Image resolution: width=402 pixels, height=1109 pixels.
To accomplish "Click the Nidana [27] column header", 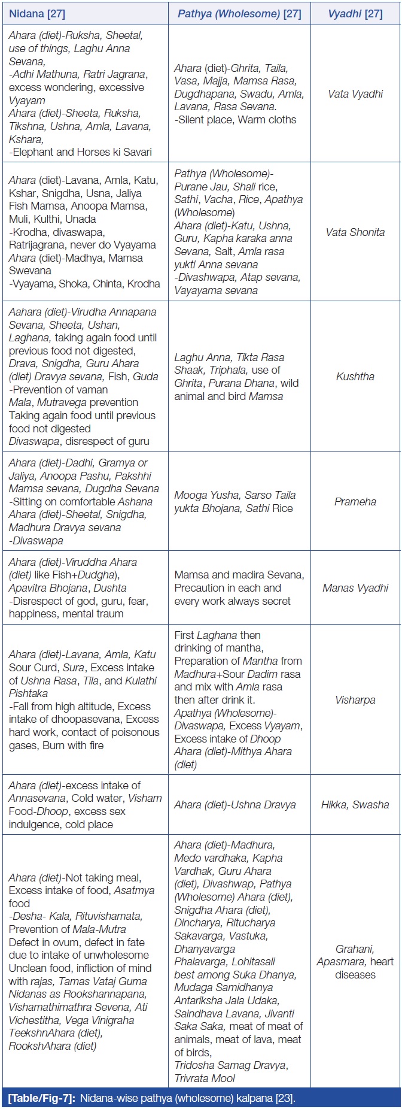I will pyautogui.click(x=35, y=13).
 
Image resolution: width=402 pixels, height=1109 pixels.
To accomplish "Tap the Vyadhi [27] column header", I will pyautogui.click(x=355, y=13).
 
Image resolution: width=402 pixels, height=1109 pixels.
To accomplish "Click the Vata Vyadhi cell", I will pyautogui.click(x=355, y=94).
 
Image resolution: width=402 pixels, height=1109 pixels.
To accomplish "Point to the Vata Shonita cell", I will pyautogui.click(x=355, y=232).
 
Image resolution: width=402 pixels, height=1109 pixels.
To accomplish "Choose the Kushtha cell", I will pyautogui.click(x=355, y=377).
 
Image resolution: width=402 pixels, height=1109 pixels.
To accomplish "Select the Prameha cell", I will pyautogui.click(x=355, y=502).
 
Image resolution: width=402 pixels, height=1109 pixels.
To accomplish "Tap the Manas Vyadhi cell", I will pyautogui.click(x=355, y=588).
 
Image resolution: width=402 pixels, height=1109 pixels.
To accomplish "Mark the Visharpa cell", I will pyautogui.click(x=355, y=700).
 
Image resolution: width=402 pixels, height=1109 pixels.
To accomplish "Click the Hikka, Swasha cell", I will pyautogui.click(x=355, y=805).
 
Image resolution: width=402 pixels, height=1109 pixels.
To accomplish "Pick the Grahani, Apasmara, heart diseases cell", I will pyautogui.click(x=355, y=962).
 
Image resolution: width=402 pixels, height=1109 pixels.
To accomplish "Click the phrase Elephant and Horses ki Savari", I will pyautogui.click(x=83, y=152).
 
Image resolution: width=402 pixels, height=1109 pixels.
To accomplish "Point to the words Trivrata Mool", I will pyautogui.click(x=205, y=1078).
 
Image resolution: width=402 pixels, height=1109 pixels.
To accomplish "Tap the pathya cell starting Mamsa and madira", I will pyautogui.click(x=238, y=588).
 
